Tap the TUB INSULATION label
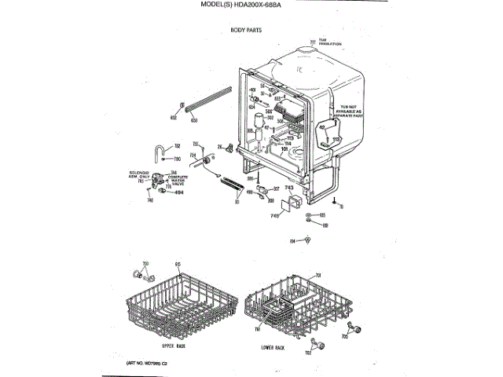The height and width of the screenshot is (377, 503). (329, 42)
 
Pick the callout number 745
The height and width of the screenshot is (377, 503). (274, 214)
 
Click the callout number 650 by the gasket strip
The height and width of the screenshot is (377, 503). (194, 119)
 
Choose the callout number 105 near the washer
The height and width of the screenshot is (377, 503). (321, 215)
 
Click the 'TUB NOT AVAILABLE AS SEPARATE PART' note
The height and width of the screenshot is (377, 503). (347, 112)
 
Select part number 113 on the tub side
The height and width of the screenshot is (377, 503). (335, 139)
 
